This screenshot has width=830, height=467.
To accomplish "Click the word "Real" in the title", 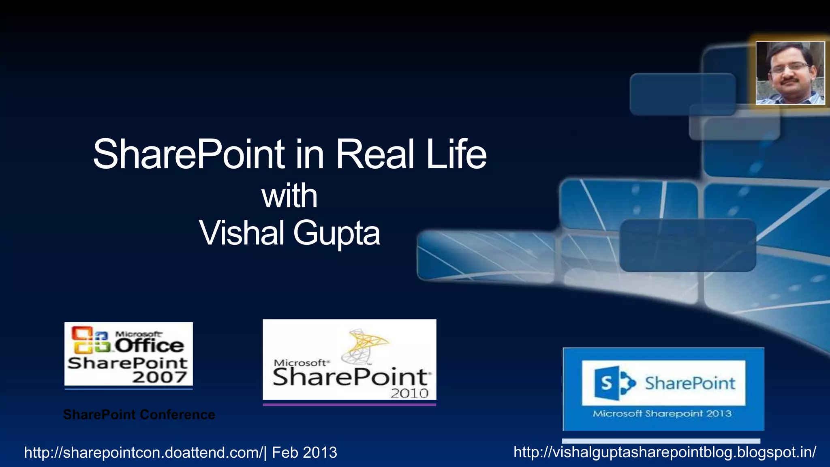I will click(x=375, y=154).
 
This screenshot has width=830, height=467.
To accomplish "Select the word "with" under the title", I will click(x=289, y=196).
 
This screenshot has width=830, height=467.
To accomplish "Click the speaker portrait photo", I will click(x=790, y=73).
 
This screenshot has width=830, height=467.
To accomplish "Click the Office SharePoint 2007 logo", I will click(x=128, y=354).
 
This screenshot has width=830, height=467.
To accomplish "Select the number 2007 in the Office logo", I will click(x=159, y=377).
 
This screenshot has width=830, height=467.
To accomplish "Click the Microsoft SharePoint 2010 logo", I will click(x=349, y=360).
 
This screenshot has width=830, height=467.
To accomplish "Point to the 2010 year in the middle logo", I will click(x=409, y=393).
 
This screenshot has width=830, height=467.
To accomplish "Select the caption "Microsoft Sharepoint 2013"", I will click(x=662, y=413).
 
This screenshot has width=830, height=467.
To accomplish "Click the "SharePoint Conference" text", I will click(x=139, y=415).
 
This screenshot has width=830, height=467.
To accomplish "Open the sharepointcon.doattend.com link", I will click(x=143, y=452).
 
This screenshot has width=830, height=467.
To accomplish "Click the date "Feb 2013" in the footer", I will click(x=304, y=452).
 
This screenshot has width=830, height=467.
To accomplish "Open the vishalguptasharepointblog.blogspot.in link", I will click(x=665, y=452).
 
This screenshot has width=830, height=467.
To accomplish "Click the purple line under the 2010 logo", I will click(x=349, y=404).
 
